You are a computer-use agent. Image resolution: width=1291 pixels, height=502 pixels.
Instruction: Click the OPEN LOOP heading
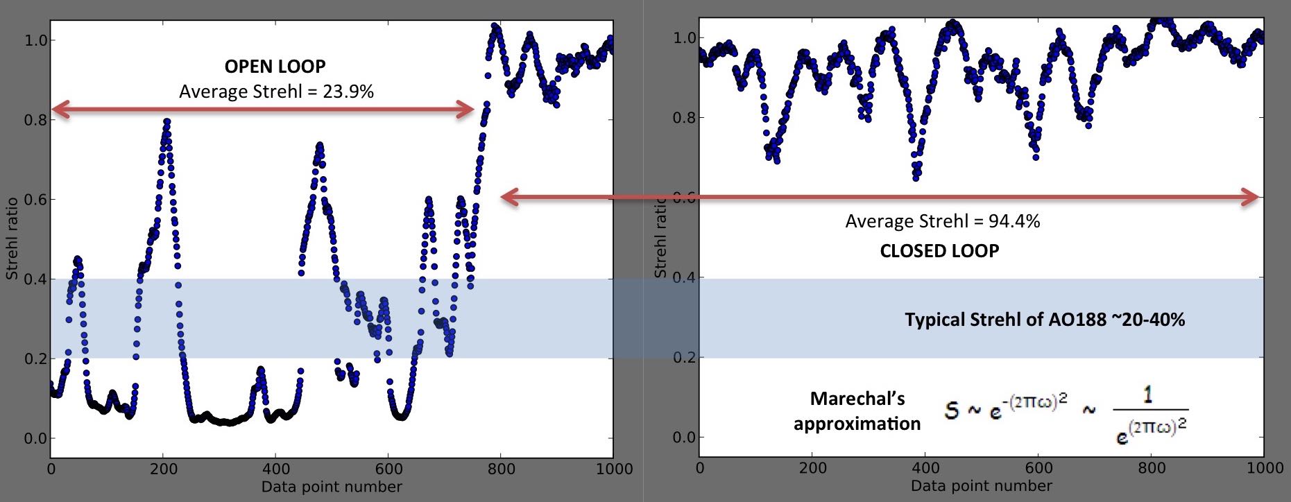pos(275,67)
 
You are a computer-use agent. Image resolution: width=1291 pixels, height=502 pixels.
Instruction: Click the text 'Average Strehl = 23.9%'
pos(276,92)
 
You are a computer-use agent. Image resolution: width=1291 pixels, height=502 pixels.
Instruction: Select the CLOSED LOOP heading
pos(939,251)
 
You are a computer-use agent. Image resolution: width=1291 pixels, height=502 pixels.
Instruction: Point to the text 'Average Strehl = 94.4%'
pos(942,221)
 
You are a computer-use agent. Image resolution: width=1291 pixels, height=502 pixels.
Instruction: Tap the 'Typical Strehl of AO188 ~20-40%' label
pos(1044,320)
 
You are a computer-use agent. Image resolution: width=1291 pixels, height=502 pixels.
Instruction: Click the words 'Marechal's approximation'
pos(857,411)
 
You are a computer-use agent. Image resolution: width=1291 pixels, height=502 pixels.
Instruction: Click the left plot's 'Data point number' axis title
pos(332,487)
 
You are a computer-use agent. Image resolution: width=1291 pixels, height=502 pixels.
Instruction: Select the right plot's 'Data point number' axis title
pos(981,486)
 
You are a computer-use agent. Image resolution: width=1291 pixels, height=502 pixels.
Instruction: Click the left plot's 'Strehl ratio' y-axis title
pos(12,239)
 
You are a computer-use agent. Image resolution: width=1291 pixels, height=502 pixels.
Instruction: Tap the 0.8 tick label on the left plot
pos(35,120)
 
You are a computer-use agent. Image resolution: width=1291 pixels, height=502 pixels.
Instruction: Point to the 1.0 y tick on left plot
pos(35,40)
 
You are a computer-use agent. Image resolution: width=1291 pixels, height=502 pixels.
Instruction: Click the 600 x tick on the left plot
pos(388,469)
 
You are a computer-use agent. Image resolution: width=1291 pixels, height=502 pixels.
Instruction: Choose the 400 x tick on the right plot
pos(925,468)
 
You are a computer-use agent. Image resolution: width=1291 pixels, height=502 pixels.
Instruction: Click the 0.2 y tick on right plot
pos(684,358)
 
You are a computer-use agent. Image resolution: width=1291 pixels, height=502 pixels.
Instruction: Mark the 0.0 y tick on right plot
pos(684,438)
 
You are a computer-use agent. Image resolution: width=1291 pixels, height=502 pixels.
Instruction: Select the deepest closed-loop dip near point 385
pos(916,177)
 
